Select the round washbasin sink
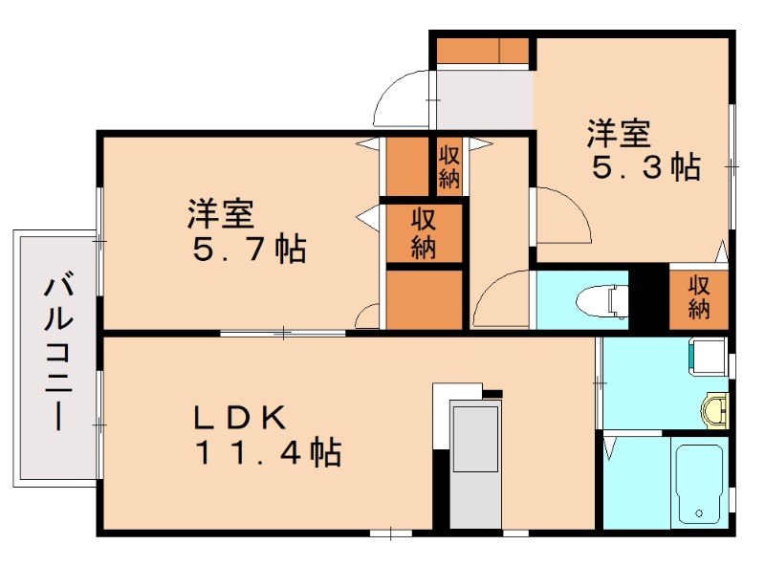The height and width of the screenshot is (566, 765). [713, 410]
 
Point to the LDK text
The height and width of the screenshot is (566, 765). [240, 418]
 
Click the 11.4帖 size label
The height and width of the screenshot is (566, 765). [268, 452]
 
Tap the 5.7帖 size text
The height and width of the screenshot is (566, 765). [250, 249]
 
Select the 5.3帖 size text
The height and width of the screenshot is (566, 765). [646, 167]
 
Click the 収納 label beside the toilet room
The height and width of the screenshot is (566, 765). [699, 297]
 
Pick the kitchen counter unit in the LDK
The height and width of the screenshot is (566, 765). [475, 464]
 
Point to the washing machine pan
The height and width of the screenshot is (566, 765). [708, 358]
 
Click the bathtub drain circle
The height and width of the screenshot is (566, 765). [699, 513]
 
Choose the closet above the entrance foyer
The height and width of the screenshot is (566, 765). [482, 51]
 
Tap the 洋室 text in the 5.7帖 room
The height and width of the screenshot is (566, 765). [221, 214]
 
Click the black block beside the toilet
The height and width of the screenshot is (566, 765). [648, 297]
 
